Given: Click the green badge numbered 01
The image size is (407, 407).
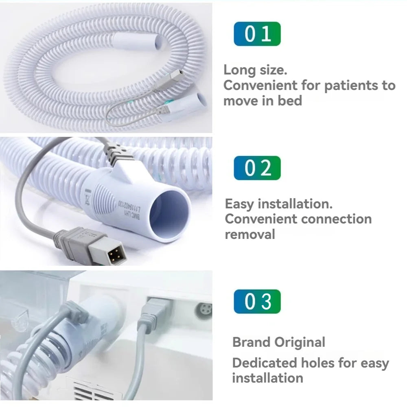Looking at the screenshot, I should click(257, 34).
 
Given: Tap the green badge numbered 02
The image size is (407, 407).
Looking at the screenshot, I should click(257, 168).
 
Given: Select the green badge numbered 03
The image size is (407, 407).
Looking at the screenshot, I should click(257, 302).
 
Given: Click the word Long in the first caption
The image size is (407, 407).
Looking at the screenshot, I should click(239, 70).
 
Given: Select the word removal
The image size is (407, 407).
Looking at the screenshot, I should click(250, 234).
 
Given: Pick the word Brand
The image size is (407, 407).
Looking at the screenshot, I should click(251, 342).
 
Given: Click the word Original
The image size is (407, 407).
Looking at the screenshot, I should click(300, 342).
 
